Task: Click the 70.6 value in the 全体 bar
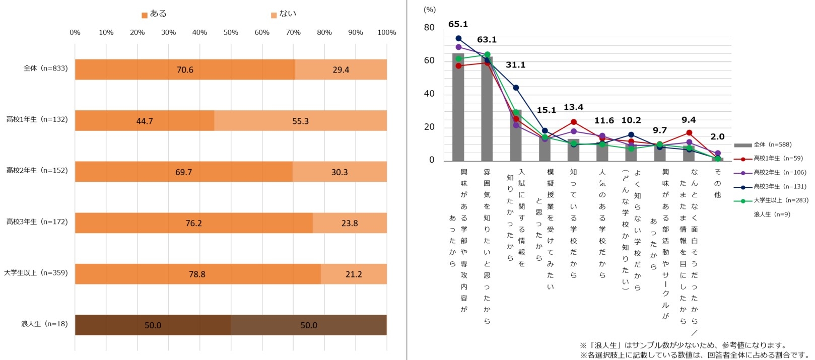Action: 185,70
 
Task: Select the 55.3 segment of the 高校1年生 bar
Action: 300,121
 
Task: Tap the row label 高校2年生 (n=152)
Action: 37,171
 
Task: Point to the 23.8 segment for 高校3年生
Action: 350,223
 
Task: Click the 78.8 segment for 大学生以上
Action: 197,274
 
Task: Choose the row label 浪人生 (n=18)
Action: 44,324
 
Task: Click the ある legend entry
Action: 154,14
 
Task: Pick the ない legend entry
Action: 284,14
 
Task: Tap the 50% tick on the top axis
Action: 231,33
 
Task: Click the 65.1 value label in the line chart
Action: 458,24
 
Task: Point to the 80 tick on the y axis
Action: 429,28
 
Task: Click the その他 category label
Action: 717,183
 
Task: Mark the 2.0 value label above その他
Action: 717,137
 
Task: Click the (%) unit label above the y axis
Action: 430,10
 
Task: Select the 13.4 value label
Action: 573,107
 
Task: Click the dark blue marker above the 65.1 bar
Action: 458,38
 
